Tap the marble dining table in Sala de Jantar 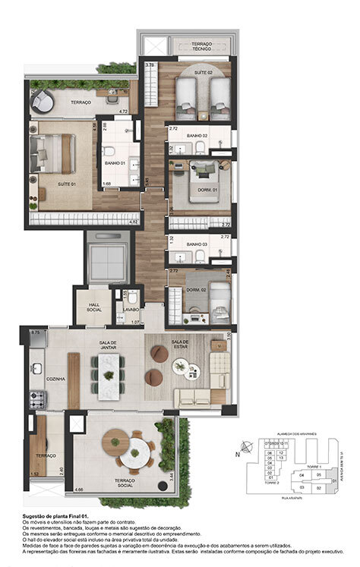pos(109,377)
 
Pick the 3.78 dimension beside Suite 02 pos(150,65)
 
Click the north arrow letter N pos(238,454)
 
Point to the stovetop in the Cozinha pos(36,398)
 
